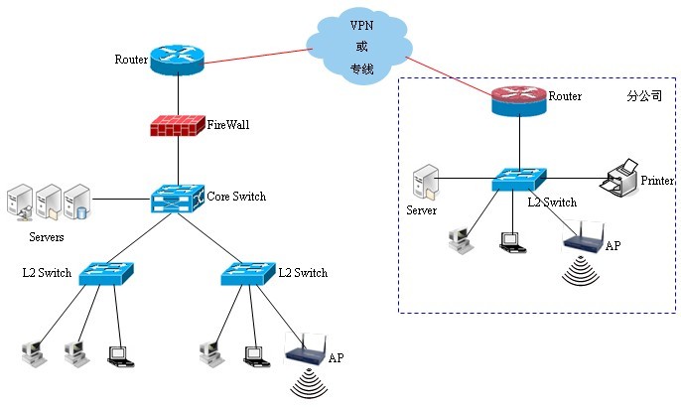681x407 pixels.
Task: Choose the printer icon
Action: [622, 178]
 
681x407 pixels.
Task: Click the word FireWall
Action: [229, 125]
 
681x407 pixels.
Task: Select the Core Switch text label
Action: [236, 197]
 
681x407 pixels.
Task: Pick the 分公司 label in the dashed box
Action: [643, 97]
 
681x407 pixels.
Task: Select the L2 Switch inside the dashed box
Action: [518, 179]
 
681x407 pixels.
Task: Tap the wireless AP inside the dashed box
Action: [584, 239]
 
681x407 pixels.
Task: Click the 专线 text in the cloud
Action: [360, 69]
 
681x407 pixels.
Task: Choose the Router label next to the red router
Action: [565, 97]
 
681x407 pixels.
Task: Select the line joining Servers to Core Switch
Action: [125, 200]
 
